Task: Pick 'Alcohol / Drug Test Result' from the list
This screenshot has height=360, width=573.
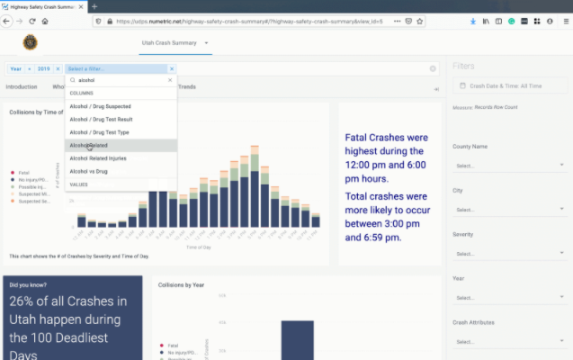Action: [x=100, y=119]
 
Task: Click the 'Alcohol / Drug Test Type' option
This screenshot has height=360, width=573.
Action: [x=98, y=131]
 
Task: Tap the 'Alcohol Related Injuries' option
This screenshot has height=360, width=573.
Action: [x=103, y=157]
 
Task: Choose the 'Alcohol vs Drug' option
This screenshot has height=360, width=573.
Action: [x=92, y=170]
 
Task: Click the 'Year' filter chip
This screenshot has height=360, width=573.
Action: [x=16, y=68]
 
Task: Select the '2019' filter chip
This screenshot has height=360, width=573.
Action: [x=43, y=68]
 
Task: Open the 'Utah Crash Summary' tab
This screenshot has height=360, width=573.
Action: [x=171, y=42]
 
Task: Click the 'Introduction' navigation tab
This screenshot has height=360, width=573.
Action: [x=22, y=87]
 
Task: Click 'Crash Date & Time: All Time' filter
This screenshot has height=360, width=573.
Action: [x=510, y=86]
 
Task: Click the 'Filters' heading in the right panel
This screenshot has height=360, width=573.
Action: [x=464, y=67]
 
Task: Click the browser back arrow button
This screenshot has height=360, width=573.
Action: [x=7, y=21]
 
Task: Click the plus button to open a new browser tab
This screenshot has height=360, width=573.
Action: [x=94, y=6]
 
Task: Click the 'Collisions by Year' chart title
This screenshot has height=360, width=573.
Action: [x=181, y=285]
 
